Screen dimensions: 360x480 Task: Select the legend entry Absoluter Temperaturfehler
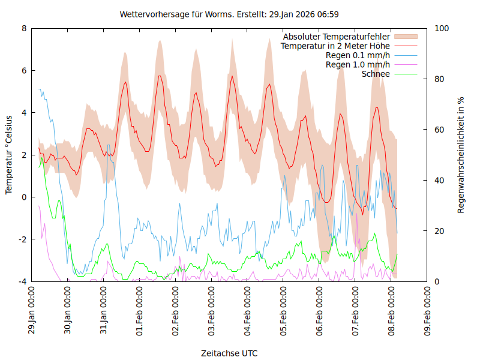pos(337,37)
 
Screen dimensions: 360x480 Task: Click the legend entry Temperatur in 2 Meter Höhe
pos(335,46)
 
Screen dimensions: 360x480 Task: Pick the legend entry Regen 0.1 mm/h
pos(358,55)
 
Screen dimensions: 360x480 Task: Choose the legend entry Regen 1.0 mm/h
pos(358,64)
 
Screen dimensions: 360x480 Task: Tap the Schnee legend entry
pos(376,74)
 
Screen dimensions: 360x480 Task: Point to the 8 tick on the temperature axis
pos(24,28)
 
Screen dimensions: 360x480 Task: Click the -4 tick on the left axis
pos(22,281)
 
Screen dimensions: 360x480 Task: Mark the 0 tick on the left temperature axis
pos(24,197)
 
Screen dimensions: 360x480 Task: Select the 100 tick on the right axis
pos(442,28)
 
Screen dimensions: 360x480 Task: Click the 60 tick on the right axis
pos(440,130)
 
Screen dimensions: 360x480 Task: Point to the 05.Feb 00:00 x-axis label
pos(283,311)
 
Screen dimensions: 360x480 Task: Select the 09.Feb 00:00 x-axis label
pos(427,311)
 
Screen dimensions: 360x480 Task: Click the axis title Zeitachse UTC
pos(229,353)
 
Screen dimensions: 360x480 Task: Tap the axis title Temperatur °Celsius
pos(9,155)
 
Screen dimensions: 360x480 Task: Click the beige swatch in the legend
pos(406,37)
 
